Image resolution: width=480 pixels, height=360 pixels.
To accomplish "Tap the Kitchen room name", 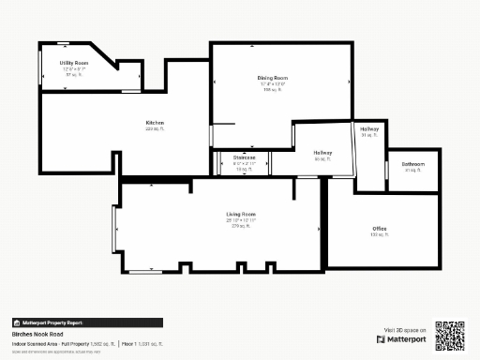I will coord(155,123).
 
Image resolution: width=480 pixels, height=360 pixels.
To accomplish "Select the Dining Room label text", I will coord(272,78).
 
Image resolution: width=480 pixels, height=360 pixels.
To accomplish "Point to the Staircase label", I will coord(246,157).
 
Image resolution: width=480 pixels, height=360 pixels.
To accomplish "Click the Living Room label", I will coord(241,215).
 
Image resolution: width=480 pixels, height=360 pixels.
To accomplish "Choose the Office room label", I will coord(380,229).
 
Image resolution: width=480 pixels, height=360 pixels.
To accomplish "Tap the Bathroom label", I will coord(412,164).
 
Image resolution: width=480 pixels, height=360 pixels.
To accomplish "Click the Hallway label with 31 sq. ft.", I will coord(369,129).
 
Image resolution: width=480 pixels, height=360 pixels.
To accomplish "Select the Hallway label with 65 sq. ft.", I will coord(322,153).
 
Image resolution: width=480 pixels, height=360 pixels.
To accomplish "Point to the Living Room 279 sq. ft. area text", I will coord(241,226).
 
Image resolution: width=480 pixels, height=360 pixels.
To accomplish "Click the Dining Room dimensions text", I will coord(272,84).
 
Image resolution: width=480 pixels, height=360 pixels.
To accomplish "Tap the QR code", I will coord(450,335).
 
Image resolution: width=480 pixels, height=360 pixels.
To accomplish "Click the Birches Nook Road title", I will coord(37,334).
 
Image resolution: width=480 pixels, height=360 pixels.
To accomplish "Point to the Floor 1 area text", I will coord(142,344).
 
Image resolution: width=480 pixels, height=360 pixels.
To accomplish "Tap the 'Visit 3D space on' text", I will coord(406,330).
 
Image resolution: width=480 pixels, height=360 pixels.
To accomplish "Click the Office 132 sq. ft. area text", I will coord(380,235).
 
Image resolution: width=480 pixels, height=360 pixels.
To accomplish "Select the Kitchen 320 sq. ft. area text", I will coord(155,129).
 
